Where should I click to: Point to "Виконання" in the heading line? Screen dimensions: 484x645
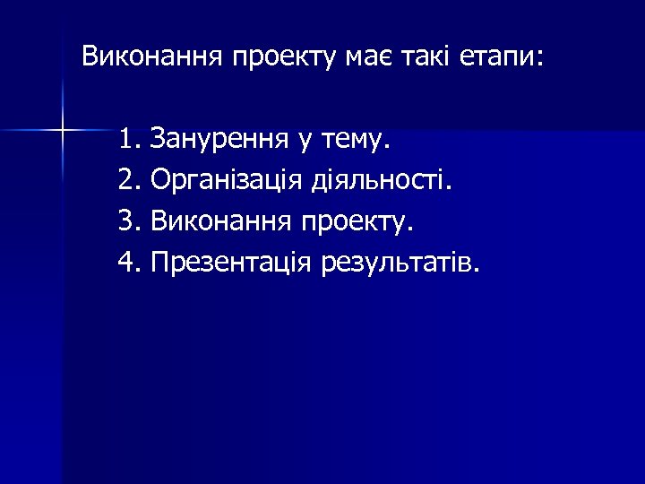point(152,58)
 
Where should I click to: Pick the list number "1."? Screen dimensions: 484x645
point(130,139)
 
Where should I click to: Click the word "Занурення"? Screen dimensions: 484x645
point(219,139)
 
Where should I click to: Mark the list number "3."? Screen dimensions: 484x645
point(130,221)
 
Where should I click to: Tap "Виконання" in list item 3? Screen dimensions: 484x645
point(220,221)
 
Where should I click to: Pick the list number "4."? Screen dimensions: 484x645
point(130,263)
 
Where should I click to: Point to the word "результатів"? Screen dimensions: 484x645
point(400,264)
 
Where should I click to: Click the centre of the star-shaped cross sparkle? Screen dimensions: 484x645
point(63,131)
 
